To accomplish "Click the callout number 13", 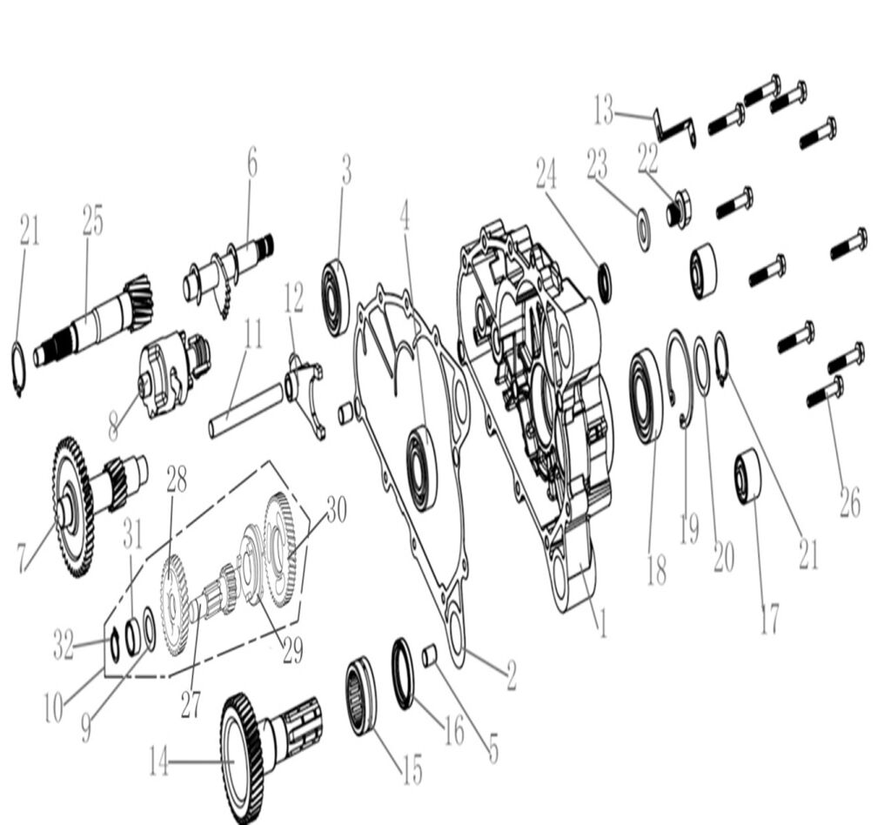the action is coord(604,110).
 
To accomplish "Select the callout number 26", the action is coord(850,502).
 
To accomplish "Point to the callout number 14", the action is coord(159,762).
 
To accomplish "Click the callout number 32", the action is coord(64,644).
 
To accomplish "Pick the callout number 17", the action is coord(769,620).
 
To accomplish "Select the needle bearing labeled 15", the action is coord(361,696).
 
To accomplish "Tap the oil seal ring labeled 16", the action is coord(405,674).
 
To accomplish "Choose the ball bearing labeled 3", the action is coord(337,298).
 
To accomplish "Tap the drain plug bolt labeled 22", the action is coord(679,209).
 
